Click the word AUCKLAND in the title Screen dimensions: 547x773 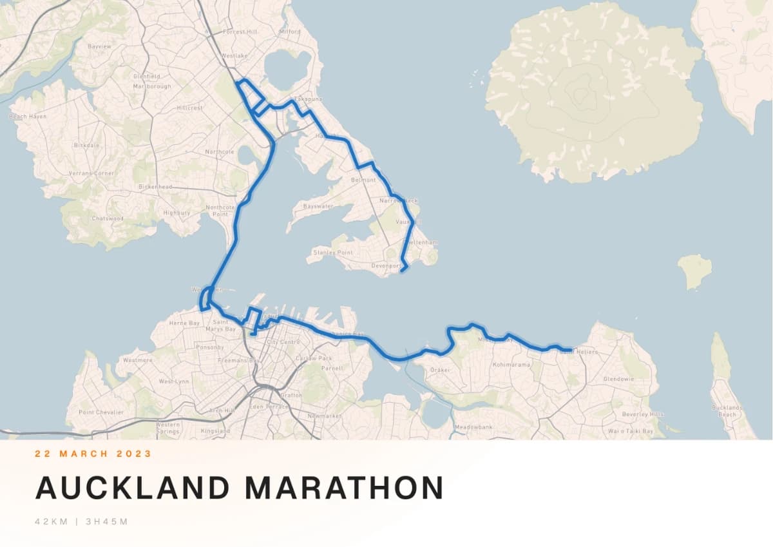pyautogui.click(x=132, y=488)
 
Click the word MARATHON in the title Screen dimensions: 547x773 pyautogui.click(x=344, y=488)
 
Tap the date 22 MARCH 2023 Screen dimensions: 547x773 pyautogui.click(x=93, y=454)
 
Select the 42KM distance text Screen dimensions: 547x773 pyautogui.click(x=51, y=521)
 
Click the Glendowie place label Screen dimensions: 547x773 pyautogui.click(x=618, y=379)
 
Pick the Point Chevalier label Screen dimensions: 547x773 pyautogui.click(x=100, y=412)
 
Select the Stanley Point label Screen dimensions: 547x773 pyautogui.click(x=333, y=253)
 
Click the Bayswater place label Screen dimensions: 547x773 pyautogui.click(x=318, y=207)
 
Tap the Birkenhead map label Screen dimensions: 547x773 pyautogui.click(x=155, y=187)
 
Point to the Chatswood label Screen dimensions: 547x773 pyautogui.click(x=107, y=218)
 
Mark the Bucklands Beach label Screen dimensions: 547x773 pyautogui.click(x=727, y=410)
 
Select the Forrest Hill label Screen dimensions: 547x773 pyautogui.click(x=239, y=32)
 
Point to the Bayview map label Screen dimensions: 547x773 pyautogui.click(x=99, y=47)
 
